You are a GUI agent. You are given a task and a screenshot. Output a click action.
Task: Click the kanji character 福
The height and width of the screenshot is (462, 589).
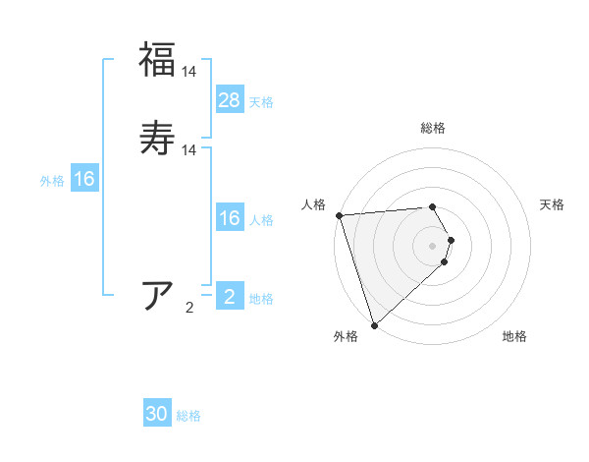click(157, 59)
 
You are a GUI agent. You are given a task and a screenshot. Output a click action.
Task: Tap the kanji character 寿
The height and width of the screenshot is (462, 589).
click(157, 138)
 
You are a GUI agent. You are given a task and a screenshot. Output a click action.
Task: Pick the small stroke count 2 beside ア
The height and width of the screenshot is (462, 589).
click(189, 308)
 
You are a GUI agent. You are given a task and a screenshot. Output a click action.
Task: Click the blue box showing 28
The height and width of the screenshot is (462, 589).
click(230, 100)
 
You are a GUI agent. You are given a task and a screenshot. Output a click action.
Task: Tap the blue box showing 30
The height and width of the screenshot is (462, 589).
click(157, 415)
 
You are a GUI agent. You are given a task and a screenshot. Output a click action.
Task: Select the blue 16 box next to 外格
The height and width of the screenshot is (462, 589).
click(84, 179)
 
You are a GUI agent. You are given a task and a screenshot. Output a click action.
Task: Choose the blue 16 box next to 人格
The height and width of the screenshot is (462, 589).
click(230, 218)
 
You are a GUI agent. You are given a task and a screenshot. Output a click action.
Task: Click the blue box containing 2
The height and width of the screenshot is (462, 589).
click(230, 297)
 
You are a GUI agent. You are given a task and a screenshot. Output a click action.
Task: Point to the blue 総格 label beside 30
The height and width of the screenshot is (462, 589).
click(188, 417)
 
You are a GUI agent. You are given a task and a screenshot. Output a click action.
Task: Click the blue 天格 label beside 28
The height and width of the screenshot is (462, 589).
click(261, 102)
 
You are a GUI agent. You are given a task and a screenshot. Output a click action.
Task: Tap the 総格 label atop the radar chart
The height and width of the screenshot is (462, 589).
click(433, 128)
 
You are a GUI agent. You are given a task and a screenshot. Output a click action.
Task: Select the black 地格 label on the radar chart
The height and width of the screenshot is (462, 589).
click(514, 337)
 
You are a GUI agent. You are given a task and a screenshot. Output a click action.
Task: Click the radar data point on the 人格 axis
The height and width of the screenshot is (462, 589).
click(339, 215)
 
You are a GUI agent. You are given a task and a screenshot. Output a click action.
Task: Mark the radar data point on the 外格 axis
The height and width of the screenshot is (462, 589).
click(374, 325)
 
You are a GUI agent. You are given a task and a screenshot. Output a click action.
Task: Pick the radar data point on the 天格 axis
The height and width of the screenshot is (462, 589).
click(452, 240)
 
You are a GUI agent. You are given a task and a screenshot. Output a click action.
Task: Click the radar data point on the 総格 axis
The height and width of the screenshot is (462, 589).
click(433, 206)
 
